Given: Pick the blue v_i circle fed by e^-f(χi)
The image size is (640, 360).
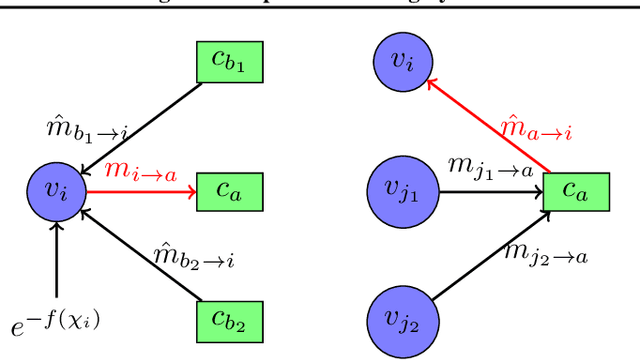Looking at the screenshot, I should [x=56, y=188].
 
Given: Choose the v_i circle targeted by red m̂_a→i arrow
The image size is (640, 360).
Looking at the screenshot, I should [x=401, y=62].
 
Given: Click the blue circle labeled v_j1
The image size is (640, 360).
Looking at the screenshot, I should [x=401, y=188].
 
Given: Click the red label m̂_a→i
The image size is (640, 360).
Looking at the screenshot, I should [x=537, y=128].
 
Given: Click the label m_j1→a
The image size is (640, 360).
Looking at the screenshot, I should [x=489, y=169].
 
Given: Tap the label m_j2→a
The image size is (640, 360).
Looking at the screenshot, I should [x=546, y=256].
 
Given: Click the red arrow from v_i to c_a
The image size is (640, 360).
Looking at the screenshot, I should [x=140, y=188].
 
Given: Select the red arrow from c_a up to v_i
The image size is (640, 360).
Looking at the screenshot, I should [x=490, y=126].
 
